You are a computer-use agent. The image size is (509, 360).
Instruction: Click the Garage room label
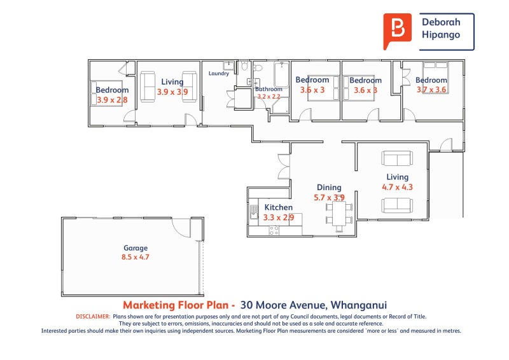tap(136, 248)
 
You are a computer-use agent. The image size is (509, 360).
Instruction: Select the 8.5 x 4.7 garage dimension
tap(136, 258)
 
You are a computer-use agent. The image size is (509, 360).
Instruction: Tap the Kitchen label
tap(279, 207)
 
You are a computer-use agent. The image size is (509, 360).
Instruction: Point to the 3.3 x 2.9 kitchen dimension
tap(279, 218)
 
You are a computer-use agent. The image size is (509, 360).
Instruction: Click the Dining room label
tap(329, 188)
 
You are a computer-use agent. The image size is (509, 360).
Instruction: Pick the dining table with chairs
tap(338, 214)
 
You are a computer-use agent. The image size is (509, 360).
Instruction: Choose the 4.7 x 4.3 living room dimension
tap(397, 187)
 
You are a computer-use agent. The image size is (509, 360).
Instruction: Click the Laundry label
tap(219, 74)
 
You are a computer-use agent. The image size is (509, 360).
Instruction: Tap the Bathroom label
tap(268, 90)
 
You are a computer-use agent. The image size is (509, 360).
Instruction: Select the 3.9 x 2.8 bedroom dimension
tap(112, 100)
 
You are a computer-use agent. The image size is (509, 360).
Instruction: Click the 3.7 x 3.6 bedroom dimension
tap(431, 90)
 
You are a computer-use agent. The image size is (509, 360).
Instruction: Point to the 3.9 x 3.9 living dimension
tap(172, 92)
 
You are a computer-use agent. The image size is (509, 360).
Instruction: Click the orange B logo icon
tap(398, 29)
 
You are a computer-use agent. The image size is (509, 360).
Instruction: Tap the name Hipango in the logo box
tap(440, 36)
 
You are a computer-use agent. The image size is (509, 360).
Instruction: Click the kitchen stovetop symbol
tap(274, 231)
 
